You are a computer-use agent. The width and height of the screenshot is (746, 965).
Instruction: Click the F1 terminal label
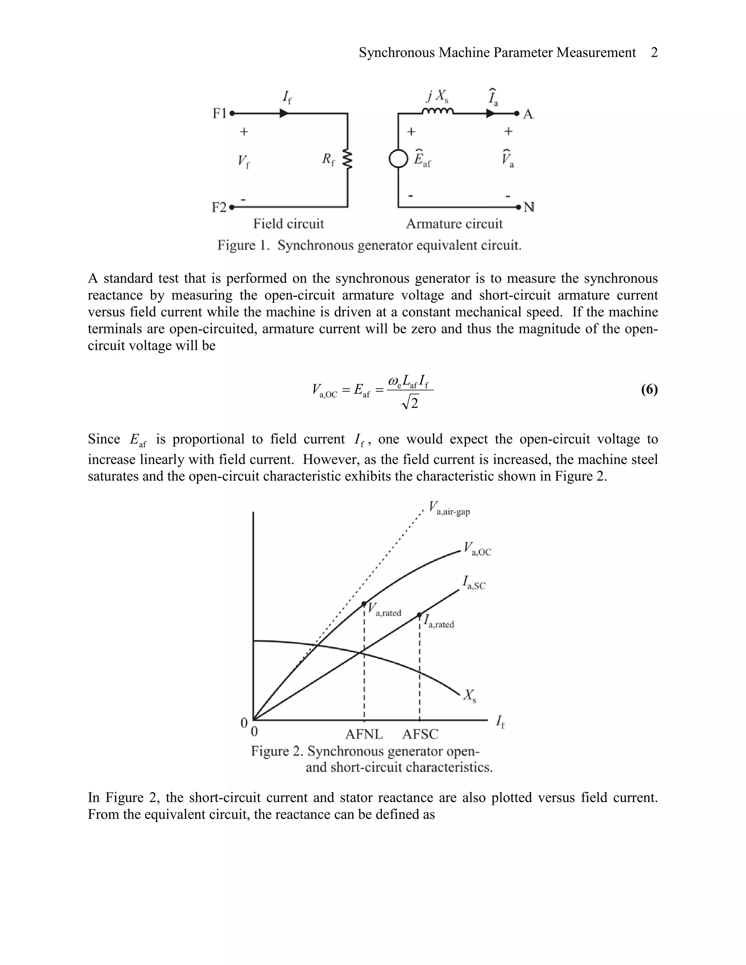point(219,114)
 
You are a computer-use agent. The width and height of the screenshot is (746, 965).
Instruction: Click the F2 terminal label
point(219,207)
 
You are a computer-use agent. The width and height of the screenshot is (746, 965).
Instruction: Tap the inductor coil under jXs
point(437,111)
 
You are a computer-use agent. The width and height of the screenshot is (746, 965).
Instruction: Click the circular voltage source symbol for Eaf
point(398,159)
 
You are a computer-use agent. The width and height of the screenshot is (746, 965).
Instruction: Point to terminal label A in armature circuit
point(528,114)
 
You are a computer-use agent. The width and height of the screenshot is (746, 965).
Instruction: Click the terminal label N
point(529,207)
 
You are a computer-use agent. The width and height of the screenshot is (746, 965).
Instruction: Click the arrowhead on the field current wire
point(284,114)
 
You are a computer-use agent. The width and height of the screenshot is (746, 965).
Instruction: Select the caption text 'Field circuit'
point(288,224)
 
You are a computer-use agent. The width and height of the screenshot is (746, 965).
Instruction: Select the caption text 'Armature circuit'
point(454,224)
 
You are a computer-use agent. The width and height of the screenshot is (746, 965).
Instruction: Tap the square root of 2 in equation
point(410,402)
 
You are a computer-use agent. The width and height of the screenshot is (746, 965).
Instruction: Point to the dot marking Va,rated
point(364,603)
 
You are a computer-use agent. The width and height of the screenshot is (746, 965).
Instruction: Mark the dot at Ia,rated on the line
point(419,615)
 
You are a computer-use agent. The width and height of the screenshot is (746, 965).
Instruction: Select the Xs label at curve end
point(469,696)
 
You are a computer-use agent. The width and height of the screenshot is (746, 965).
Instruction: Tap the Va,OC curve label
point(477,549)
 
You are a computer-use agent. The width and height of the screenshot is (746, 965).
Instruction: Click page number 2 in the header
point(654,52)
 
